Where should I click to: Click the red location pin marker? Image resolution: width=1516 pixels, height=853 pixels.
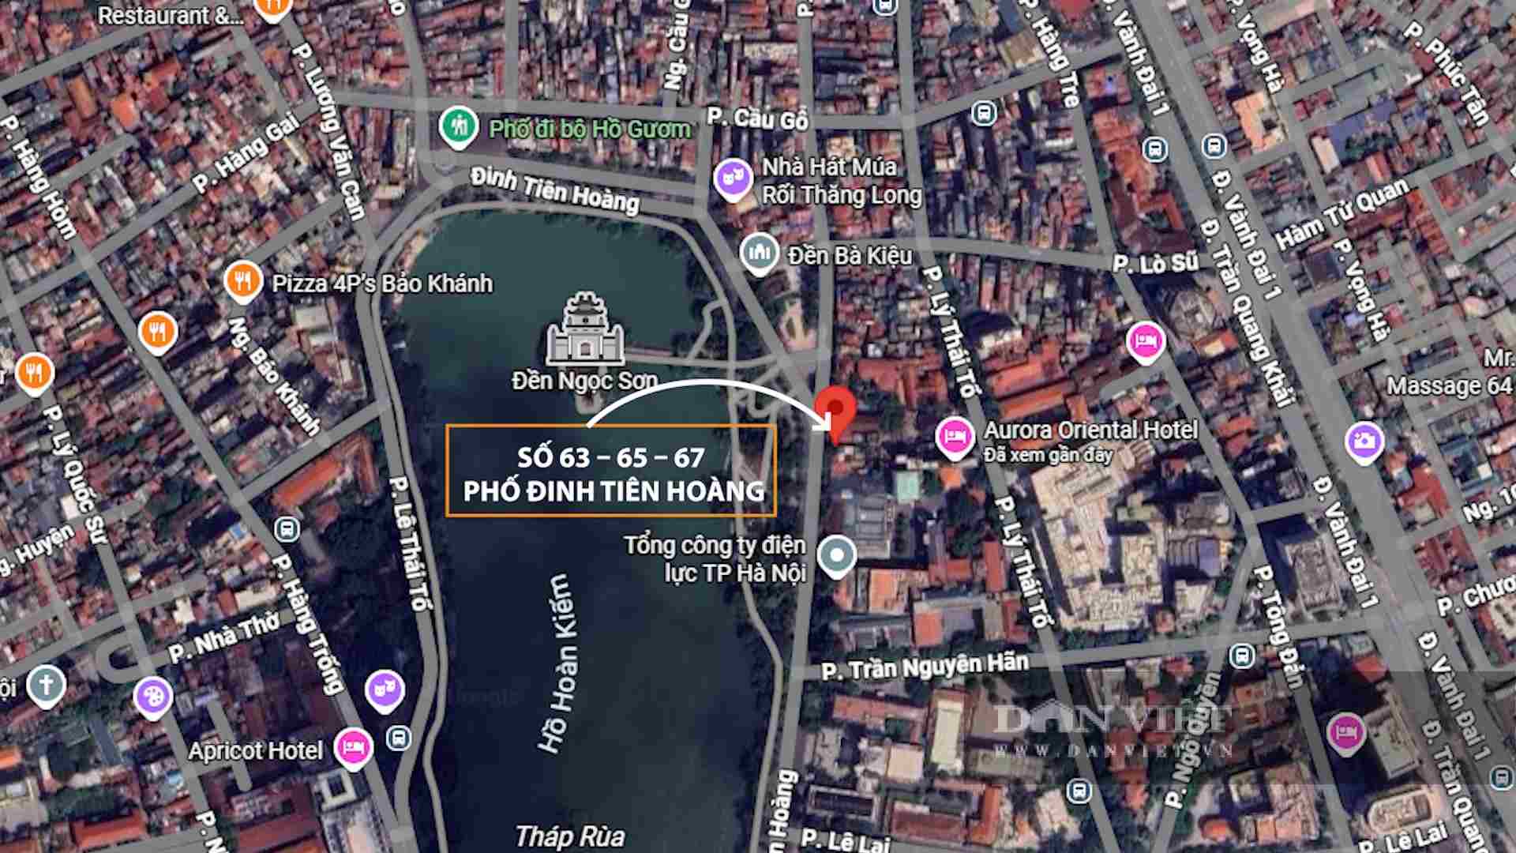[835, 411]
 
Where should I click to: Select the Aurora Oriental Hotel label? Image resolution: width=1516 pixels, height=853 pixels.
[1090, 430]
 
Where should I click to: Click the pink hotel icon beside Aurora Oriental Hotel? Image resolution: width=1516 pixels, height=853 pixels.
[954, 436]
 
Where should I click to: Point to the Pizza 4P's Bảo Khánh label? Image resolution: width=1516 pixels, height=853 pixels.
[382, 284]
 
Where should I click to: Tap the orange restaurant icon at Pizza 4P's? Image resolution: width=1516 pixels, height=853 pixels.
[242, 280]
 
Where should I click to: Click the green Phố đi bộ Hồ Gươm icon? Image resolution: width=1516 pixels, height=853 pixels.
[458, 126]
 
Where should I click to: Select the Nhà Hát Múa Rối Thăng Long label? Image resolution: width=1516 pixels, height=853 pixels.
[841, 181]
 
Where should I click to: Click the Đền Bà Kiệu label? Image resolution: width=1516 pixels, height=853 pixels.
[850, 256]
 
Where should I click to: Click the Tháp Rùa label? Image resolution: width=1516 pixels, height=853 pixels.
[569, 836]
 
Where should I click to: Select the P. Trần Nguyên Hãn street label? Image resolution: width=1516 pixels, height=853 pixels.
[925, 667]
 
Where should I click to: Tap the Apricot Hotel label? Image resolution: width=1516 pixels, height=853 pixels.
[255, 750]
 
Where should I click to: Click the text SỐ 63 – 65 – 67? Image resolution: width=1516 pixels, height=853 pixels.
[610, 457]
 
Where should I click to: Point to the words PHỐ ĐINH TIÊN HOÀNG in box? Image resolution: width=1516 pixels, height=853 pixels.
[614, 491]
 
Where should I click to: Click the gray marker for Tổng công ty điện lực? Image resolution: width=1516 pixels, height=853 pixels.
[836, 555]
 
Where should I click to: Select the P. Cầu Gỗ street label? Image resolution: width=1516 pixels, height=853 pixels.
[757, 118]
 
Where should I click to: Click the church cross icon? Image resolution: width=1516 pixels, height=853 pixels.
[46, 684]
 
